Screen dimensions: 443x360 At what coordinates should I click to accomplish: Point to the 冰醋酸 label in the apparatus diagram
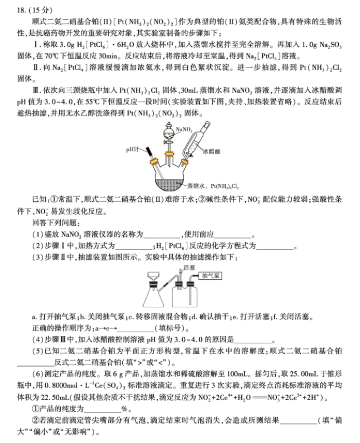point(212,151)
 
